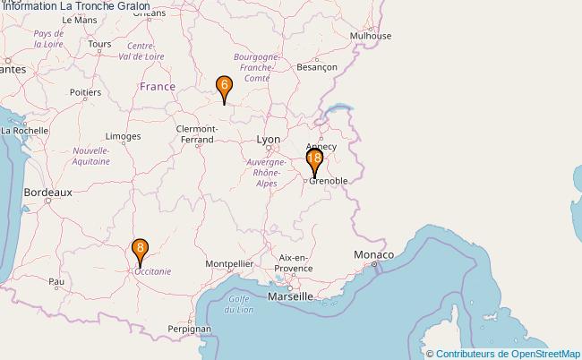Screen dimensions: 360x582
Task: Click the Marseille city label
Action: click(x=290, y=296)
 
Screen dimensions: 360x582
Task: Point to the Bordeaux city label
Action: click(x=47, y=192)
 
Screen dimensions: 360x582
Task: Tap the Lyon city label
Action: click(x=268, y=140)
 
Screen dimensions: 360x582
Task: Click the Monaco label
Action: click(x=372, y=255)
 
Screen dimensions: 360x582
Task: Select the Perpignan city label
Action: click(x=188, y=329)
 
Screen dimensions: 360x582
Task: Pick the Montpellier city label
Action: click(x=229, y=264)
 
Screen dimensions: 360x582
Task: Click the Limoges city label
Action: click(x=123, y=137)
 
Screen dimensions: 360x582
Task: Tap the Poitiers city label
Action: click(x=85, y=91)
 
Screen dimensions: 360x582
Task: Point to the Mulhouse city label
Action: click(x=371, y=36)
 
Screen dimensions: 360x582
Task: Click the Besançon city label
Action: click(x=316, y=67)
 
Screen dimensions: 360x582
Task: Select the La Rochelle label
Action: click(x=24, y=130)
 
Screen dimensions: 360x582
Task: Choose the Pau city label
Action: click(x=56, y=281)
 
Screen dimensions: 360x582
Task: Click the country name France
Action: click(x=158, y=87)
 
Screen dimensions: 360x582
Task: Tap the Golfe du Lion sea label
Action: click(x=238, y=304)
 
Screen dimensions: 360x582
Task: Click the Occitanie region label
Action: click(x=152, y=270)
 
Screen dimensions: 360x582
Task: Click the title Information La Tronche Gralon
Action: click(x=75, y=6)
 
